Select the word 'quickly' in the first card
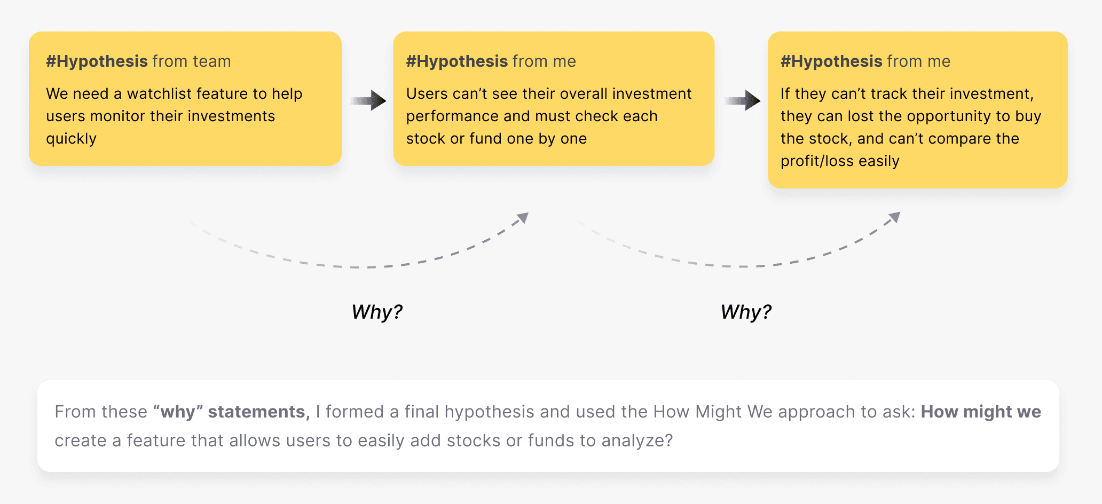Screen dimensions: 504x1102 click(71, 139)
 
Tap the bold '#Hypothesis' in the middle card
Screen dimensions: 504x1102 click(456, 61)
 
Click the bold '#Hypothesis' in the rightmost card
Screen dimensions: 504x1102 click(831, 61)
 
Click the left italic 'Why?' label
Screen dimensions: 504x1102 click(377, 312)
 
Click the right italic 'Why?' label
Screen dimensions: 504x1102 click(746, 312)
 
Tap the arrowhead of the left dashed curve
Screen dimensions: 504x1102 click(523, 218)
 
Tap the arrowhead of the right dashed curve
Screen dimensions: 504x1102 click(895, 217)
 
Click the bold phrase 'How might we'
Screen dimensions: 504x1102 click(981, 412)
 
